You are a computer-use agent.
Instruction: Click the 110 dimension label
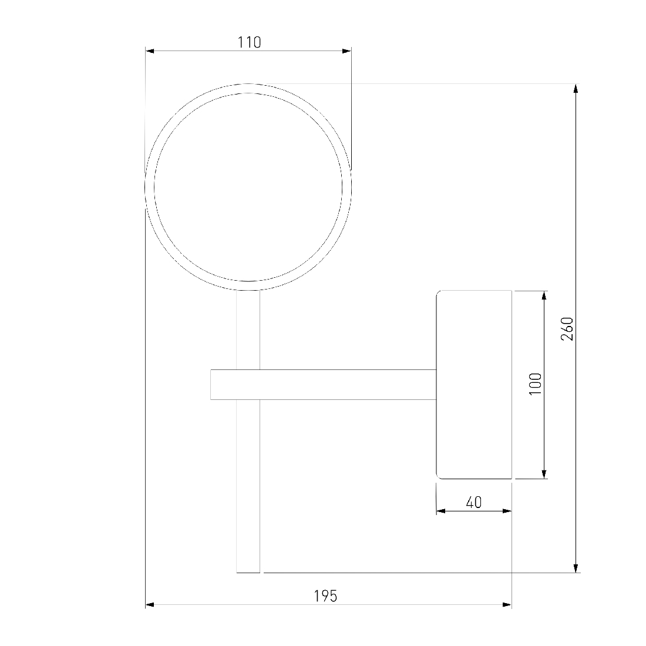[249, 42]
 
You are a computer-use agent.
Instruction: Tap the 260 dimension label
[567, 328]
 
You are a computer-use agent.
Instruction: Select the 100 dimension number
[535, 384]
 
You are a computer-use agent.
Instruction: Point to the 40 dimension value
[474, 502]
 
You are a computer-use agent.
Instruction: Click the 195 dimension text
[325, 595]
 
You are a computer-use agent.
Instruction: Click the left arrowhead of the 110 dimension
[150, 51]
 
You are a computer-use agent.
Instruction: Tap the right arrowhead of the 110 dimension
[347, 51]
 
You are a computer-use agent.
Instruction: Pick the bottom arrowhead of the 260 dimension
[576, 568]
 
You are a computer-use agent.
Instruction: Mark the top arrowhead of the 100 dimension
[544, 295]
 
